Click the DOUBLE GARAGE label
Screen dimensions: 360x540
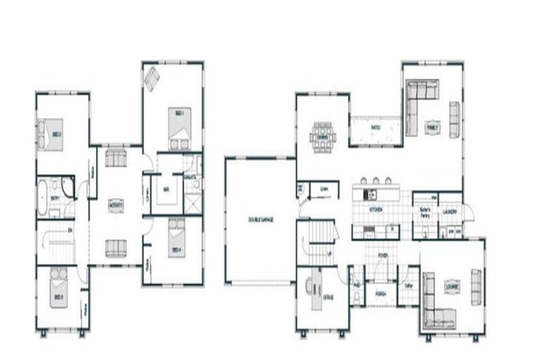coord(260,220)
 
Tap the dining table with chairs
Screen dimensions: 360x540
coord(324,133)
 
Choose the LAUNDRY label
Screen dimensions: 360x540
coord(451,211)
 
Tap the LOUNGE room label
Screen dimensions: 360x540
coord(452,287)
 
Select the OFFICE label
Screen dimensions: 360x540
coord(328,297)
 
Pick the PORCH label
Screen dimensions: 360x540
coord(380,293)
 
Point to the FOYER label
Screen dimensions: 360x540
coord(382,256)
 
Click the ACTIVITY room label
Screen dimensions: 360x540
coord(116,205)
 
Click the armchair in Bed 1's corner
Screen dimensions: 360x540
coord(153,78)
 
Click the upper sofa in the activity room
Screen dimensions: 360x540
coord(115,157)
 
